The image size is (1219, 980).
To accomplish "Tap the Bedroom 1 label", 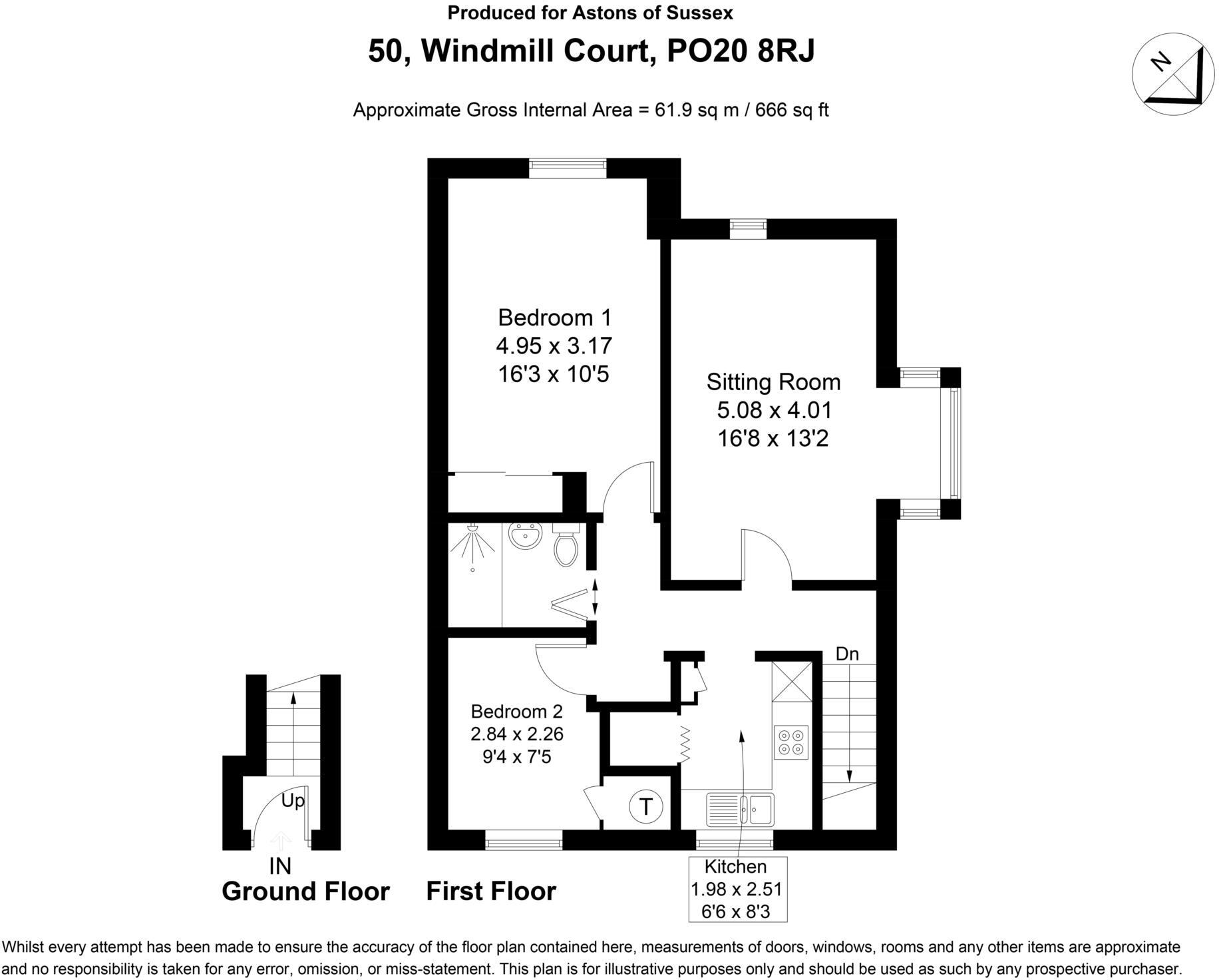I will [x=554, y=318].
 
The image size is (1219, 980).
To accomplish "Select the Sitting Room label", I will [x=773, y=382].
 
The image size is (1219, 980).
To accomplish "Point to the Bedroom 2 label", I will [x=516, y=712].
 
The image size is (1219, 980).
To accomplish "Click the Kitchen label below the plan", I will [x=735, y=867].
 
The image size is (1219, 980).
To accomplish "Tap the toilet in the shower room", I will [x=566, y=546].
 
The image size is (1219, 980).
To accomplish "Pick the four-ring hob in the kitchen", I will [x=791, y=742].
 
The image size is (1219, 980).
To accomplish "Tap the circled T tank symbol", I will [x=645, y=808].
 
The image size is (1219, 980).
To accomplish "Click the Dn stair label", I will [x=847, y=654].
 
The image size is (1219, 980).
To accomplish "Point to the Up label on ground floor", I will [x=293, y=800].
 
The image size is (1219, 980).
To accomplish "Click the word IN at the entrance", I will [x=280, y=866].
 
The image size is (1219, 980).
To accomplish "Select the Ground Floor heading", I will [x=305, y=891].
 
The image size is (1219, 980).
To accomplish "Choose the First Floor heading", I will [x=491, y=891].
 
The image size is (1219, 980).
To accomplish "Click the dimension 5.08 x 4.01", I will [x=774, y=411].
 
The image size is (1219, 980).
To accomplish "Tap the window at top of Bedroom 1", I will [x=568, y=168].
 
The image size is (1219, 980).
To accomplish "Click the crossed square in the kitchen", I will [x=792, y=682].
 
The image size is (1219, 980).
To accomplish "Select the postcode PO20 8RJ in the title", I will [x=740, y=51].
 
